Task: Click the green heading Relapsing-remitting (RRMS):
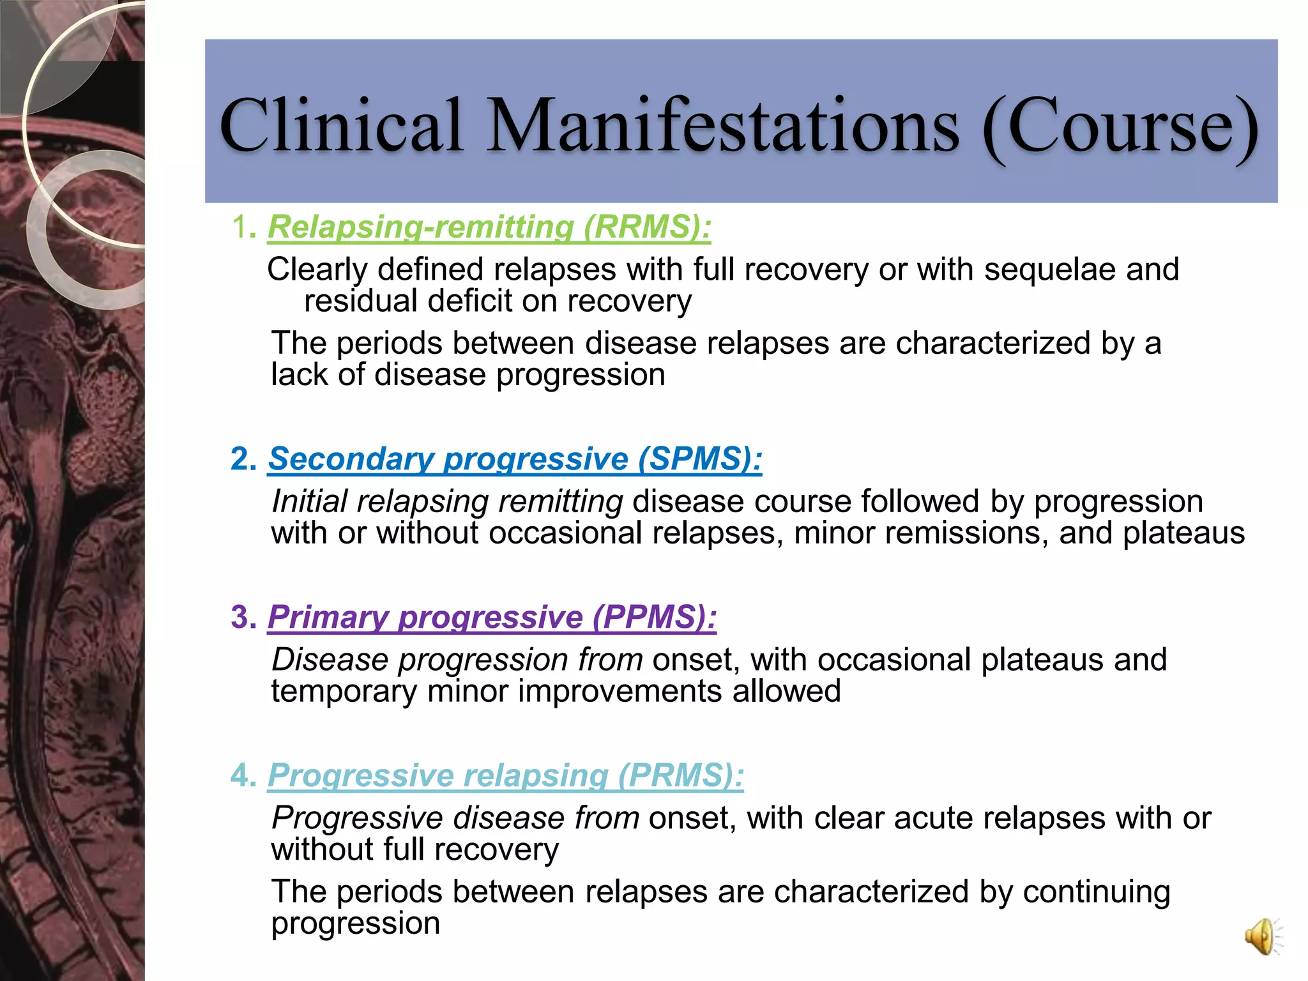pyautogui.click(x=489, y=227)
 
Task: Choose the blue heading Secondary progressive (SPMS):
pyautogui.click(x=515, y=459)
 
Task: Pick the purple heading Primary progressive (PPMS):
pyautogui.click(x=492, y=617)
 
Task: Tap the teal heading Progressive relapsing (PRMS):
pyautogui.click(x=505, y=775)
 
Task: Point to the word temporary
pyautogui.click(x=344, y=692)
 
